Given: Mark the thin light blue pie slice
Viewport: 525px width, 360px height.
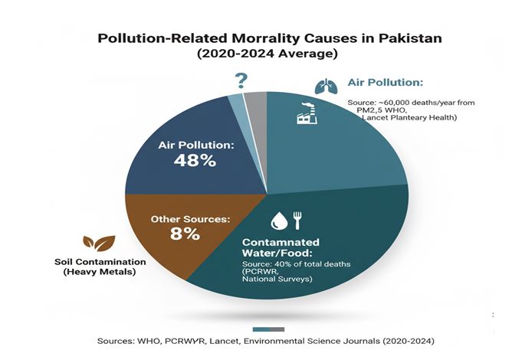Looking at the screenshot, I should (238, 107).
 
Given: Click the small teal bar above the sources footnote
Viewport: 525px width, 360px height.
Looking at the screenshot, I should (263, 329).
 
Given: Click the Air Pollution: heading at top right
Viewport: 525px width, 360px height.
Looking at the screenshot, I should (386, 83).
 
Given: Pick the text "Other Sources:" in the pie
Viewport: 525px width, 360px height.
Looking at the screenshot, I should (190, 218).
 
